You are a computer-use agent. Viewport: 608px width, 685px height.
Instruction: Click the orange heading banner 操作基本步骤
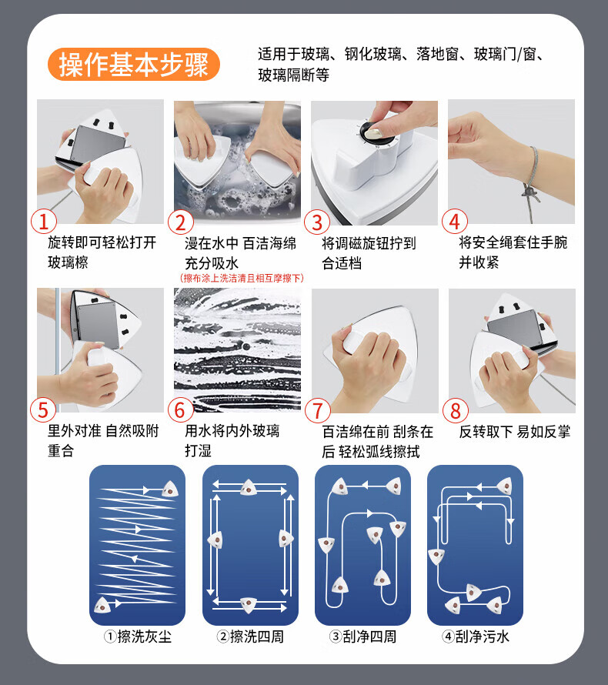click(134, 64)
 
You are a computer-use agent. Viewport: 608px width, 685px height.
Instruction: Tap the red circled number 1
click(44, 222)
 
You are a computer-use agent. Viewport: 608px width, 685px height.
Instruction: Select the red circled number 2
click(180, 222)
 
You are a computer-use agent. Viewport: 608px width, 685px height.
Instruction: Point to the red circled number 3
click(317, 222)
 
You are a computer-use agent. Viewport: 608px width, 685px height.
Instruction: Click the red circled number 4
click(455, 222)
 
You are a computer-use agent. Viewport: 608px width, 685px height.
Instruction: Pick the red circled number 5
click(43, 409)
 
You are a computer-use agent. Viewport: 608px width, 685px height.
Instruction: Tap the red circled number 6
click(181, 409)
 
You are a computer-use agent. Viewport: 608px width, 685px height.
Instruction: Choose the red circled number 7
click(318, 411)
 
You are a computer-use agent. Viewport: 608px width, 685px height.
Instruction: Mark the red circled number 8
click(455, 411)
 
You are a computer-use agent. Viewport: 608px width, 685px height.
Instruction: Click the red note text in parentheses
click(242, 279)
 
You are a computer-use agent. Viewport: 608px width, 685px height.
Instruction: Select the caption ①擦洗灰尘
click(138, 637)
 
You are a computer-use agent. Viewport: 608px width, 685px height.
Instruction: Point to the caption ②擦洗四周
click(250, 637)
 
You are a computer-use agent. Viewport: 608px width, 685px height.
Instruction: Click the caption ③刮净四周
click(362, 637)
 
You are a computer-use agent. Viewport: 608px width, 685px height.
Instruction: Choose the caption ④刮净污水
click(475, 637)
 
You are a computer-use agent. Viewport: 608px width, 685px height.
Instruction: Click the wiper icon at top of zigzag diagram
click(170, 489)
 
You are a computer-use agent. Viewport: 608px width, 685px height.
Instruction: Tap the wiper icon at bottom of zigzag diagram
click(102, 604)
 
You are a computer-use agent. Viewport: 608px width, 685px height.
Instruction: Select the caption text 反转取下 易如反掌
click(515, 432)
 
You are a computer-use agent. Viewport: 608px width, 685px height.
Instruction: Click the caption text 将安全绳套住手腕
click(513, 242)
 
